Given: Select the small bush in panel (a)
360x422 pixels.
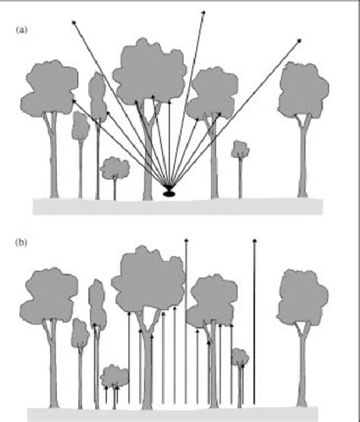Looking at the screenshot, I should [115, 166].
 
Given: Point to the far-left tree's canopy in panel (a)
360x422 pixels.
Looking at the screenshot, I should [49, 87].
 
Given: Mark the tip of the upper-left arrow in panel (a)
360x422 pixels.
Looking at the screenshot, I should [74, 23].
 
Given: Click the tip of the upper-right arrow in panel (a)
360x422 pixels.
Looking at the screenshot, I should [300, 40].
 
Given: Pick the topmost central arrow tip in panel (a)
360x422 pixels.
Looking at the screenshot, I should [204, 11].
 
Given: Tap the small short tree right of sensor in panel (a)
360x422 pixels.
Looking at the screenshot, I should [240, 148].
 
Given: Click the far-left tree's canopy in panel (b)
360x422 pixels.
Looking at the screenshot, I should [49, 294].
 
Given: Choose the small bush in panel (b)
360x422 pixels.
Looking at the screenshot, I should [115, 375].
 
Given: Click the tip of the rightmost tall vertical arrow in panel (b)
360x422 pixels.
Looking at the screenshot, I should [254, 241].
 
